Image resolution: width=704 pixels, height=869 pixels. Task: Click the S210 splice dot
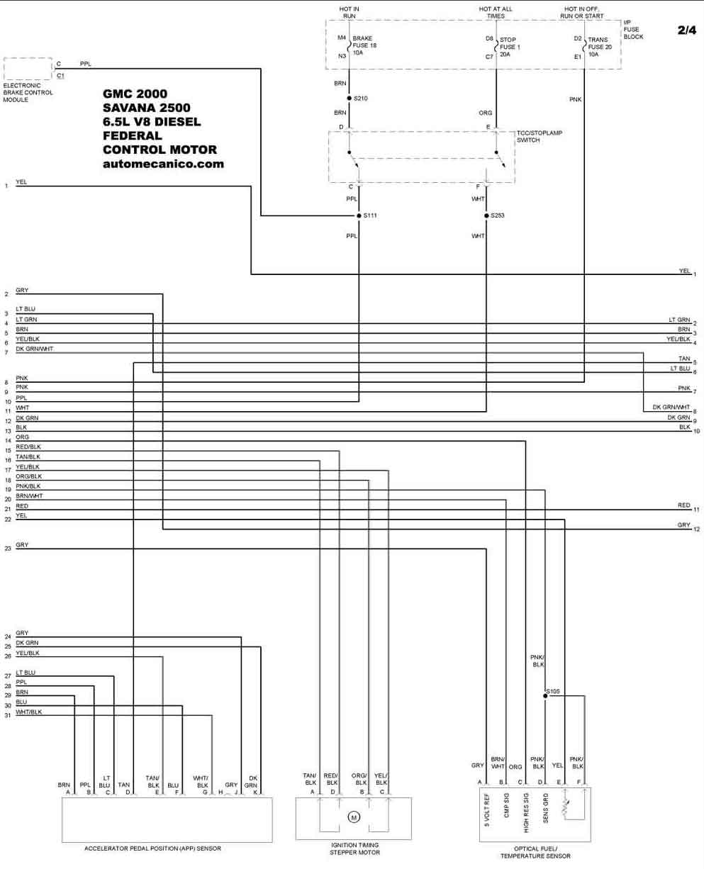[x=349, y=99]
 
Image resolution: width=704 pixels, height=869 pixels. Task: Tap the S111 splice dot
[x=359, y=215]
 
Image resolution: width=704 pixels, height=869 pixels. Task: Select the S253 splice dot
[x=486, y=215]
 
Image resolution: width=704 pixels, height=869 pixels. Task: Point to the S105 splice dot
[x=545, y=695]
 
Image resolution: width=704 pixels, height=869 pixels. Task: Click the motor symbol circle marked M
[x=354, y=817]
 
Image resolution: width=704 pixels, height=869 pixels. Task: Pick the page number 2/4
[x=687, y=30]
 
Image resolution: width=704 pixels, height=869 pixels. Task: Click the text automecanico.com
[x=163, y=164]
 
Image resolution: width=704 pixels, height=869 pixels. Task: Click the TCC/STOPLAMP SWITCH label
[x=539, y=136]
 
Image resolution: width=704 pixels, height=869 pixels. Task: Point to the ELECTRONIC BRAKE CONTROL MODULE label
[x=28, y=93]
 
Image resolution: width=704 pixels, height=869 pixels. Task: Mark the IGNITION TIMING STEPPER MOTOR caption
[x=354, y=848]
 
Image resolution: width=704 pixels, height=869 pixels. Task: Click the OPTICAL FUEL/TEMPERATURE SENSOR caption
[x=535, y=852]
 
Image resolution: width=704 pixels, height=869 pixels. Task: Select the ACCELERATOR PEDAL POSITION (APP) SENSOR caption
[x=152, y=848]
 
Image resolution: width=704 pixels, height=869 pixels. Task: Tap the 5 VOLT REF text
[x=486, y=810]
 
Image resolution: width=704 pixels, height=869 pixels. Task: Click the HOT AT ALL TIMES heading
[x=496, y=12]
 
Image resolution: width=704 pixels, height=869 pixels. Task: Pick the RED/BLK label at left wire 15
[x=28, y=447]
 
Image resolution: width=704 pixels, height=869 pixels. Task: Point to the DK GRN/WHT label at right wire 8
[x=671, y=407]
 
